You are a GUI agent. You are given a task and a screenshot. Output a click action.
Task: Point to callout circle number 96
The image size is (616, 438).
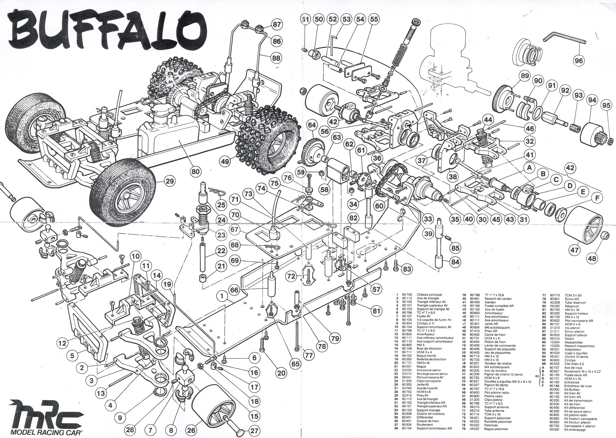[578, 61]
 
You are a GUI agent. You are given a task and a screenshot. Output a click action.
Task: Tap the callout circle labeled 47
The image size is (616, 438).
[574, 250]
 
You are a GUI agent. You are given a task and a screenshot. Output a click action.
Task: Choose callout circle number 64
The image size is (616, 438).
[312, 125]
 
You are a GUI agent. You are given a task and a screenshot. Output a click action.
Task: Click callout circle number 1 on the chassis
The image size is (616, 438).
[222, 296]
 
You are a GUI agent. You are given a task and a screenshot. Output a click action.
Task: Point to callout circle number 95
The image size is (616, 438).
[606, 106]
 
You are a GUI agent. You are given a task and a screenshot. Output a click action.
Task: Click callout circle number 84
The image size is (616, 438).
[455, 262]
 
